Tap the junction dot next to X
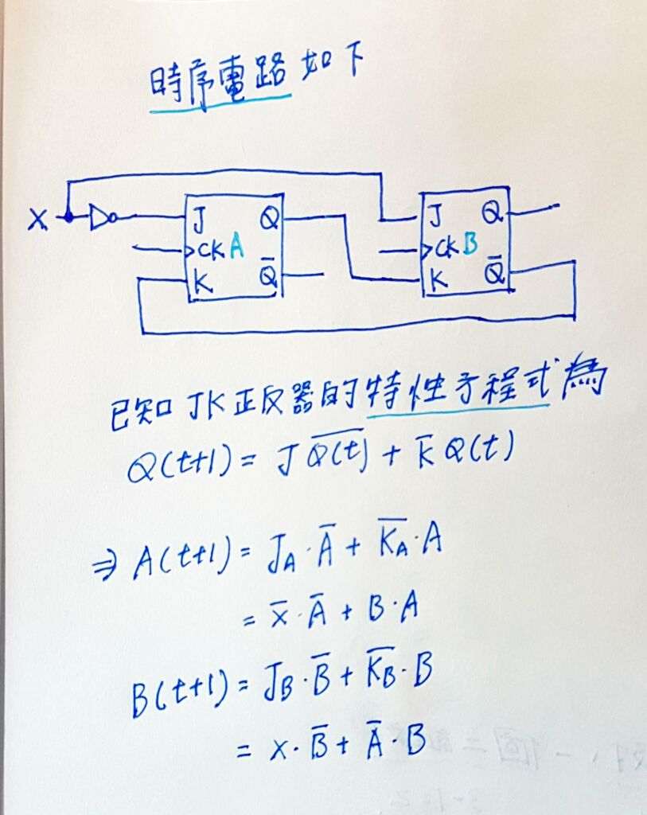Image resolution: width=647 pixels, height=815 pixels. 68,216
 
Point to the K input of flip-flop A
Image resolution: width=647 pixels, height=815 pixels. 202,283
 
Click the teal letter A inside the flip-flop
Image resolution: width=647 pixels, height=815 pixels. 236,248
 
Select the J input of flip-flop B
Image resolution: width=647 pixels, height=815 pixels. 435,215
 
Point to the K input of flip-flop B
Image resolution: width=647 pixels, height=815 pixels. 436,279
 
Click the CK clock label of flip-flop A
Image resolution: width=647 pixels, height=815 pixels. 211,251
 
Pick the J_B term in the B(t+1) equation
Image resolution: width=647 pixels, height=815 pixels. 280,684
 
